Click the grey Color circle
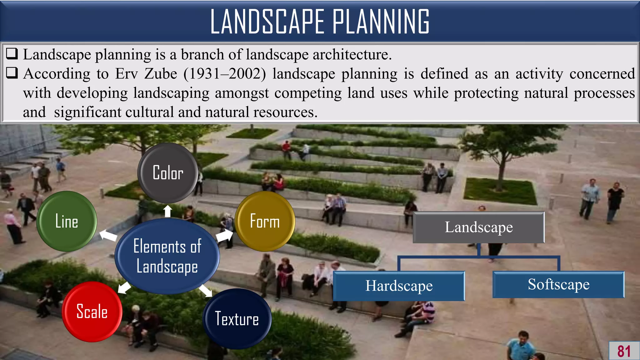(168, 173)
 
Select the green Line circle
(67, 221)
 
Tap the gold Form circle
(265, 221)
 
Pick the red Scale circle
(92, 312)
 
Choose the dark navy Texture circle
(237, 319)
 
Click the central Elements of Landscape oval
(167, 256)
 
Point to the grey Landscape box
(478, 227)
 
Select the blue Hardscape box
(399, 286)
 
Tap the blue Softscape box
(558, 284)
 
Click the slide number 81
(624, 351)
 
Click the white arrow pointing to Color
(168, 211)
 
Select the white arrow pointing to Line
(108, 235)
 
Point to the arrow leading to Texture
(206, 290)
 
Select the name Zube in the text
(161, 74)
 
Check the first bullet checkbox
(12, 54)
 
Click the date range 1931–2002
(225, 74)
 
